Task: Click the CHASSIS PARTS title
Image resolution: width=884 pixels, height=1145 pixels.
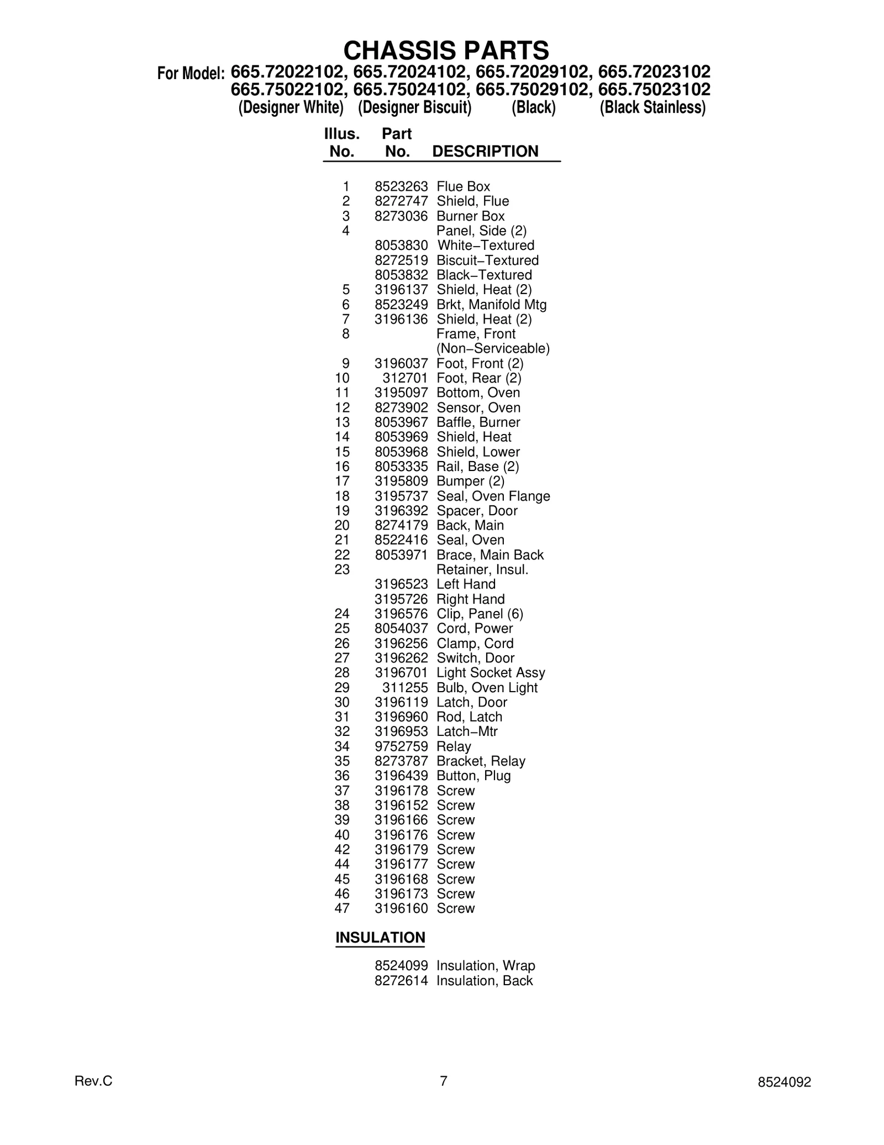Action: click(446, 50)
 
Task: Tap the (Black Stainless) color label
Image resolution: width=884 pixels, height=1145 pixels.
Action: click(653, 107)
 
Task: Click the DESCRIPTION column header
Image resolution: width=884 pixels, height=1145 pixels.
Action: click(485, 151)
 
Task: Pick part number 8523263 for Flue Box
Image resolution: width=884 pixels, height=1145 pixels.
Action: click(401, 187)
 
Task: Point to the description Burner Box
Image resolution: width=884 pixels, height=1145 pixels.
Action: click(470, 216)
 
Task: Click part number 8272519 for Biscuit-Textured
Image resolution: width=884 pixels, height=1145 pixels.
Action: click(401, 260)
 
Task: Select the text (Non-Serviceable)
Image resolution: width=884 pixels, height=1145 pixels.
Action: click(493, 349)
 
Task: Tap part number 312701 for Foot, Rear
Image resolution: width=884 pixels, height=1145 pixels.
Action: click(405, 378)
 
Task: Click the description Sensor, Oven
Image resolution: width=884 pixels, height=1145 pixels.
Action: click(478, 408)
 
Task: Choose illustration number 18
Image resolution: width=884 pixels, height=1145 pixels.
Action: click(342, 496)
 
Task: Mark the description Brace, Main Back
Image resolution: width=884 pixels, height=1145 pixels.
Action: click(490, 555)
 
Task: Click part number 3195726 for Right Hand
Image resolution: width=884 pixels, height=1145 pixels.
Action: click(401, 599)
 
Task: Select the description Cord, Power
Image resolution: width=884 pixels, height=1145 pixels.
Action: click(474, 629)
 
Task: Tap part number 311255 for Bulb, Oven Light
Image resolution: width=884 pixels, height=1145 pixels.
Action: click(405, 688)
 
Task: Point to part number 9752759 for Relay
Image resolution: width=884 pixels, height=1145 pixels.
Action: click(401, 746)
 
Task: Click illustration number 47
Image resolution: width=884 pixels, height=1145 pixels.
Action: click(342, 908)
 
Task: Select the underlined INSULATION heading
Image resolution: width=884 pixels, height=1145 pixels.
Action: click(380, 938)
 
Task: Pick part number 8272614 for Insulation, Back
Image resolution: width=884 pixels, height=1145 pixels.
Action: click(401, 981)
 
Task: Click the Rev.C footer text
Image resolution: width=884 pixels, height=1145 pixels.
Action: click(93, 1081)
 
